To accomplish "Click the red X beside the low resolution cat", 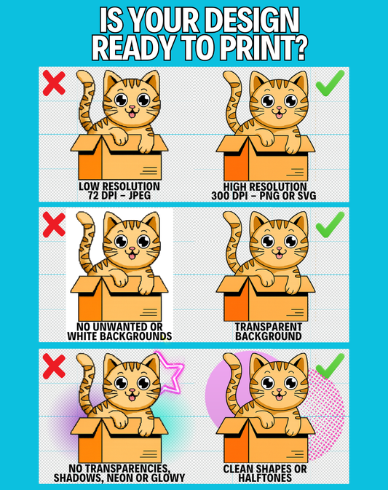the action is coord(54,83).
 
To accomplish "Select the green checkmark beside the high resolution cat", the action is coord(330,83).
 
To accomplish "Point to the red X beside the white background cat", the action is coord(54,224).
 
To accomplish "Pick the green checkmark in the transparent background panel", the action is coord(330,224).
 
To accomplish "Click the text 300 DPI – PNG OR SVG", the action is coord(264,196).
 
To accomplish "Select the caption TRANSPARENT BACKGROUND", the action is coord(269,331).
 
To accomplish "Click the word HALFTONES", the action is coord(265,478).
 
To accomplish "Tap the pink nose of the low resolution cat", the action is coord(132,108).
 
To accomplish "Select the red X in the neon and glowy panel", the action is coord(54,366).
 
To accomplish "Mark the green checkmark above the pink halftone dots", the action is coord(330,365).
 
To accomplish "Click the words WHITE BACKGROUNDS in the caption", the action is coord(119,336).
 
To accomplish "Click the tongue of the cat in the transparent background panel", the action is coord(279,257).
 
